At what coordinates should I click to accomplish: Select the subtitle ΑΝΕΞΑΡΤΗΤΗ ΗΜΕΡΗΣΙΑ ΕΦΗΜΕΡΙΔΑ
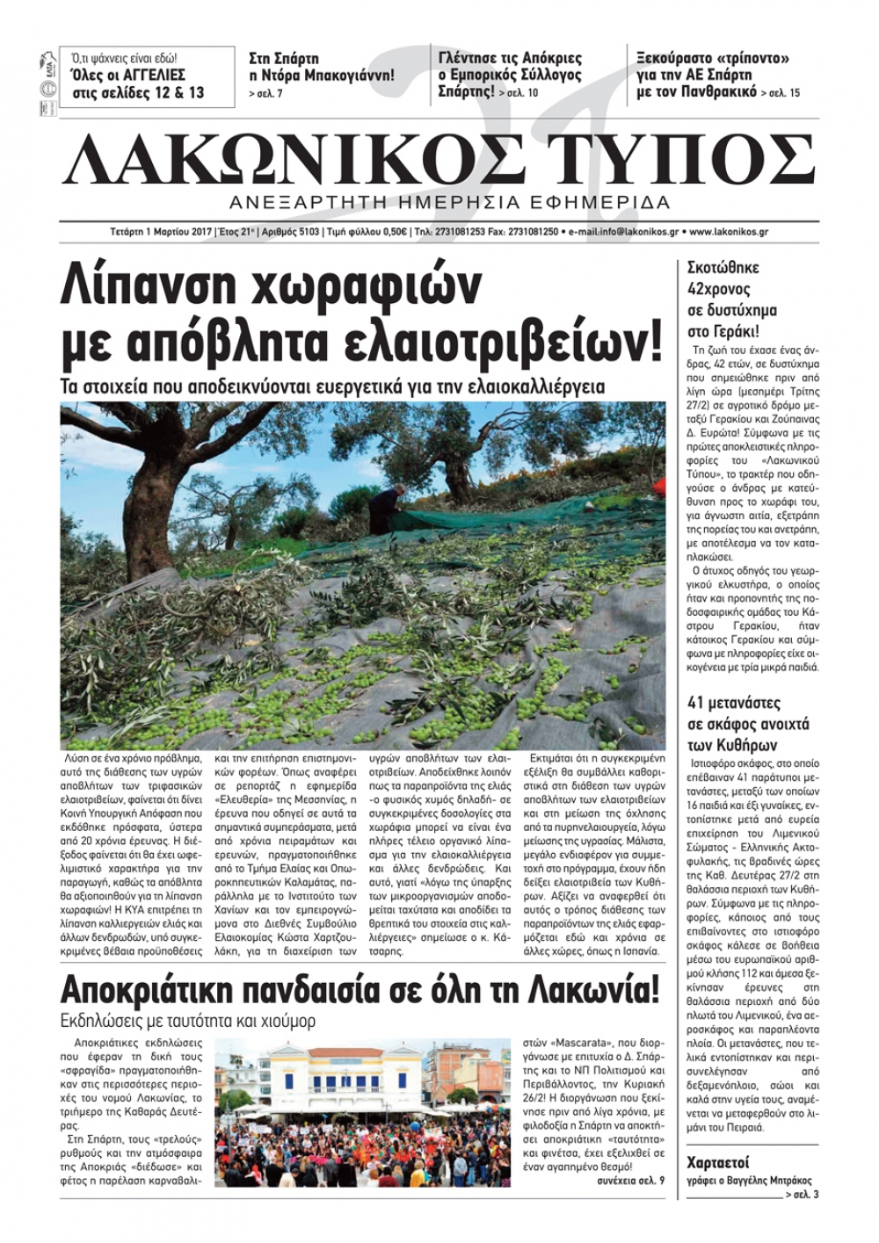tap(448, 202)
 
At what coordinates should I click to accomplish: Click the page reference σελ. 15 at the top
tap(782, 93)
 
